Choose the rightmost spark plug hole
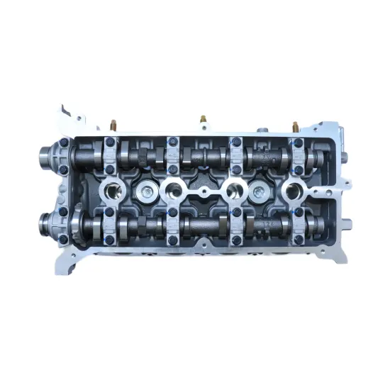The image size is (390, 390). pyautogui.click(x=292, y=190)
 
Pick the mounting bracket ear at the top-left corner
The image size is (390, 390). pyautogui.click(x=68, y=114)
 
